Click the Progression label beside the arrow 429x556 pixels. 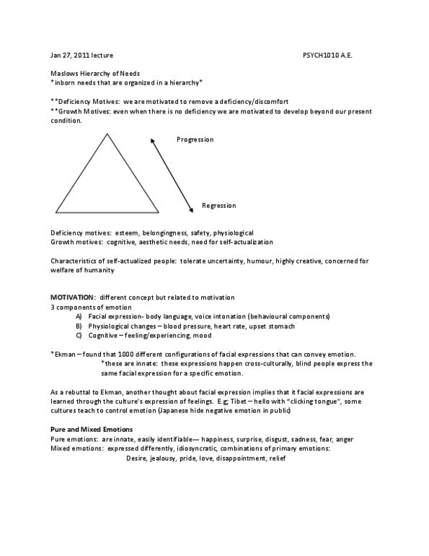click(195, 139)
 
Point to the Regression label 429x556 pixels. click(218, 206)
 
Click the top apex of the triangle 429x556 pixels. click(107, 134)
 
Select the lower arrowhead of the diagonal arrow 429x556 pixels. click(191, 210)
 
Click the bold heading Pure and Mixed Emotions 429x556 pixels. click(91, 430)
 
